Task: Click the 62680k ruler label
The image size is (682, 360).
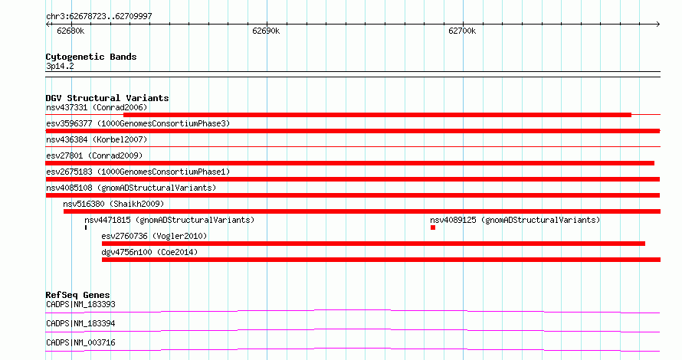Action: (x=70, y=31)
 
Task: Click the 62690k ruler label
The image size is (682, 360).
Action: (x=266, y=31)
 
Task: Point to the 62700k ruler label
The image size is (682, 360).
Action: (x=462, y=31)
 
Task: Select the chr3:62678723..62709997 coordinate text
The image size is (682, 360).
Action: (x=99, y=17)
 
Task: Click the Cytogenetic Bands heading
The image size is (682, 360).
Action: (x=91, y=57)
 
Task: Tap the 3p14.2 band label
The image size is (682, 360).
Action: (x=60, y=67)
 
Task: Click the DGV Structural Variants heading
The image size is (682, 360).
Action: (x=107, y=98)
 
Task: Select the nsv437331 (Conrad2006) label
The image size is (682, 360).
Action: (x=97, y=107)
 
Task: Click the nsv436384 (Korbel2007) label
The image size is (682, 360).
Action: (x=97, y=139)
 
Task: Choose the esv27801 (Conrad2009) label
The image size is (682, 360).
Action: (x=94, y=155)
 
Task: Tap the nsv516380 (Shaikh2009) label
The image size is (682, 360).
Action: (x=113, y=204)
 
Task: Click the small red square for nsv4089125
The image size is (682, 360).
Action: (x=433, y=227)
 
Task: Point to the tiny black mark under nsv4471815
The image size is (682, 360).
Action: (x=86, y=227)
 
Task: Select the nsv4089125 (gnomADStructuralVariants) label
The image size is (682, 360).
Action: (x=515, y=220)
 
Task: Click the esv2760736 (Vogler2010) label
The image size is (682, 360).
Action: (x=154, y=236)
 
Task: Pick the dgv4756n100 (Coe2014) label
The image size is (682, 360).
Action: (x=149, y=252)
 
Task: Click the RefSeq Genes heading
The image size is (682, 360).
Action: (x=78, y=295)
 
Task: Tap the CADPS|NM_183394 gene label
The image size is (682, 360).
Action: (x=80, y=323)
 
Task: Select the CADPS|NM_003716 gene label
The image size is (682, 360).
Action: (x=80, y=342)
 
